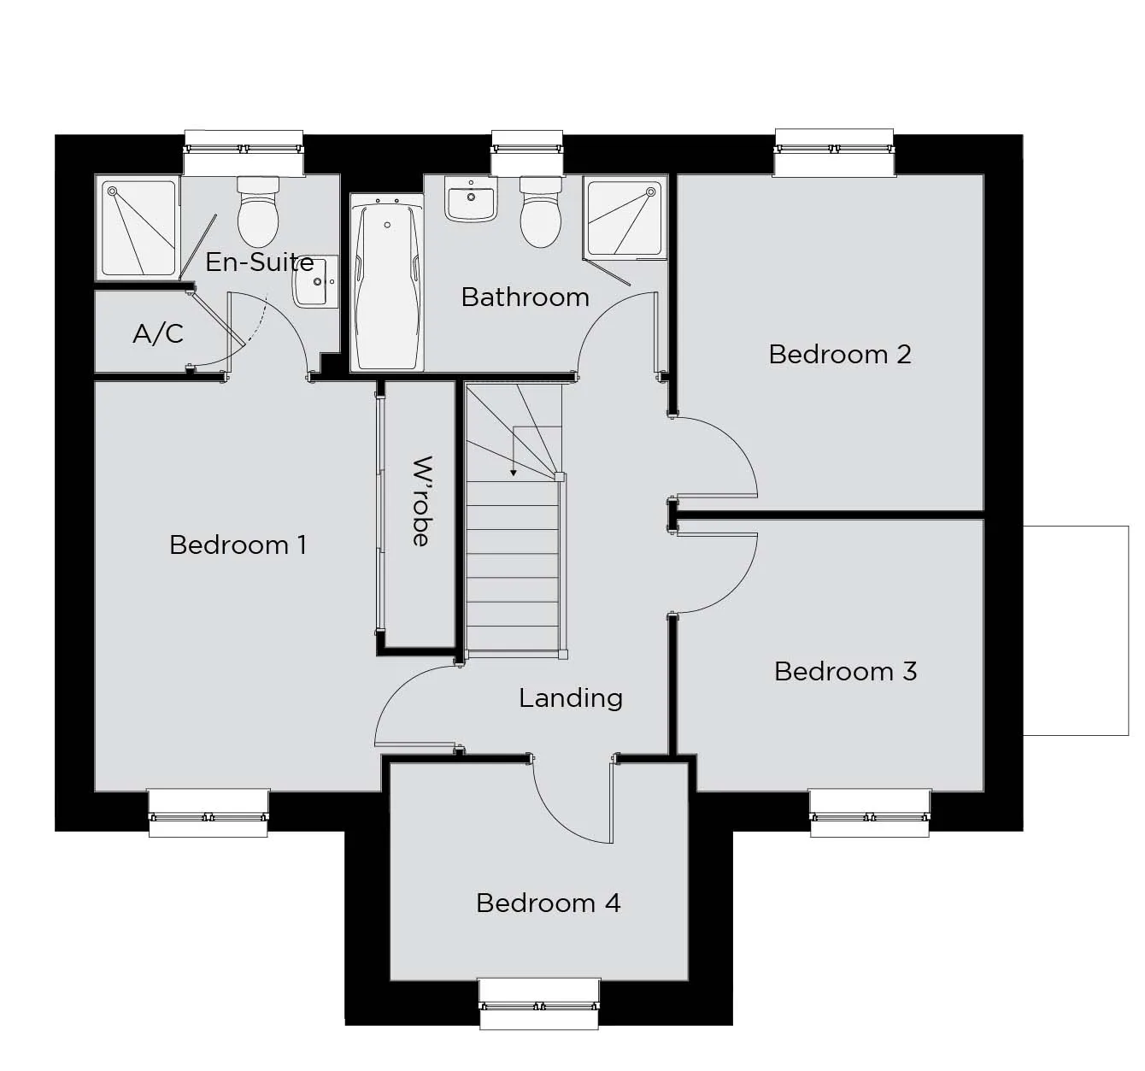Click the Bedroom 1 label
[238, 545]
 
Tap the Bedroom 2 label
[839, 354]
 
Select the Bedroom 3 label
[845, 671]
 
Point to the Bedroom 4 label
[549, 903]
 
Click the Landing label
[571, 698]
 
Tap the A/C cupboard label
[158, 333]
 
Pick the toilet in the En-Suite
[258, 211]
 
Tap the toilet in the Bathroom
[540, 212]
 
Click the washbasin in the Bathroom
[471, 199]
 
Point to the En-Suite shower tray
[138, 228]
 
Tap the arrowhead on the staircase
[514, 473]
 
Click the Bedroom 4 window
[539, 1004]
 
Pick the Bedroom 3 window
[869, 813]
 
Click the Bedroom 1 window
[208, 813]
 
